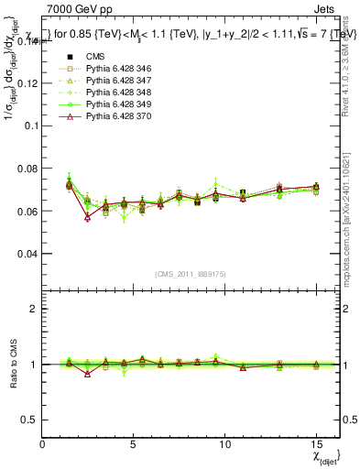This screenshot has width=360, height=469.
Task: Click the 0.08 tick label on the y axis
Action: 28,169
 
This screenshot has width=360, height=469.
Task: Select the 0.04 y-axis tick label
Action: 28,253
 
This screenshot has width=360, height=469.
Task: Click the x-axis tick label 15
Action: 315,442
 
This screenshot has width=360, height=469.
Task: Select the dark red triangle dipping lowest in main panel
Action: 87,217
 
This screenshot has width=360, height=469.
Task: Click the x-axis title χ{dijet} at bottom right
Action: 325,455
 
